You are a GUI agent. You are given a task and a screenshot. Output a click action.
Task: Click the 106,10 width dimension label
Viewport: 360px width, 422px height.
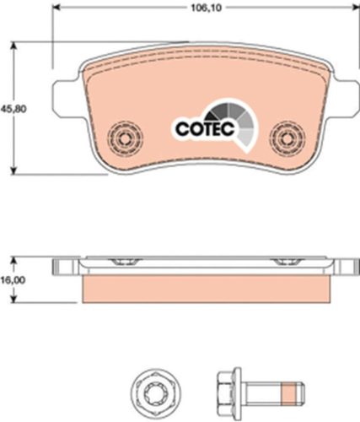206,8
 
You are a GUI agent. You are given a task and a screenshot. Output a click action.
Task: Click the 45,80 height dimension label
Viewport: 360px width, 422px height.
13,108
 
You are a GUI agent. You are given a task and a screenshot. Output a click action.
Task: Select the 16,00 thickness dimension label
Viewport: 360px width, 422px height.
13,280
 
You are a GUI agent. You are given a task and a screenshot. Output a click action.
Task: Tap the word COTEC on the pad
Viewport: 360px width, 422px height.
205,129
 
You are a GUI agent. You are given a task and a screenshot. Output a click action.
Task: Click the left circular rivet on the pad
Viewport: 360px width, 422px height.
125,138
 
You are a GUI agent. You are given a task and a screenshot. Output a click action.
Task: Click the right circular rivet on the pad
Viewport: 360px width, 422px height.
287,138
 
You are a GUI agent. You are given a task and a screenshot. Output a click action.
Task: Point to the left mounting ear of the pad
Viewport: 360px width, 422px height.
67,99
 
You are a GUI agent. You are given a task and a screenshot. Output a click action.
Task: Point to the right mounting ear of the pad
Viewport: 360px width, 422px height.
345,99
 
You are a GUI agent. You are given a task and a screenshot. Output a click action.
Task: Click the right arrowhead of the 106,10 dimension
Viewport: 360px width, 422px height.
356,8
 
